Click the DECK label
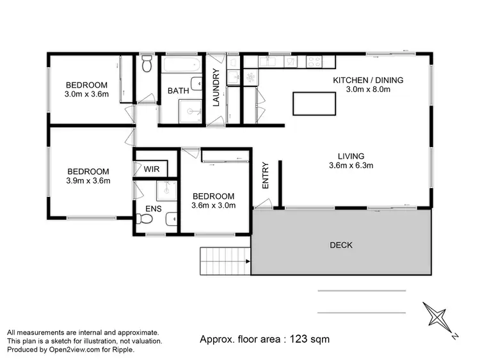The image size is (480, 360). [x=340, y=245]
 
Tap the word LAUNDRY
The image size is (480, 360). [x=216, y=87]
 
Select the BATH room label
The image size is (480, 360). [x=178, y=91]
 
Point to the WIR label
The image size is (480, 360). [x=152, y=169]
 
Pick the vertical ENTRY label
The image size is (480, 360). [x=266, y=174]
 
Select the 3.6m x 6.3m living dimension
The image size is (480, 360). [x=351, y=165]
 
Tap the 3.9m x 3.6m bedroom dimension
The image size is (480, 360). [x=88, y=180]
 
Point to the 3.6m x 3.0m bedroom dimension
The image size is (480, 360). [x=214, y=205]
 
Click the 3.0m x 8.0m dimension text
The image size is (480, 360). [x=367, y=90]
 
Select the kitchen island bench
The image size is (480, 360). [x=314, y=103]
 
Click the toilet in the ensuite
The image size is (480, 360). [x=145, y=219]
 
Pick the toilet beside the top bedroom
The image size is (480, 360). [x=147, y=64]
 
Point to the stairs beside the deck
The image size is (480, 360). [x=224, y=260]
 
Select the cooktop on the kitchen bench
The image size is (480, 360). [x=314, y=62]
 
